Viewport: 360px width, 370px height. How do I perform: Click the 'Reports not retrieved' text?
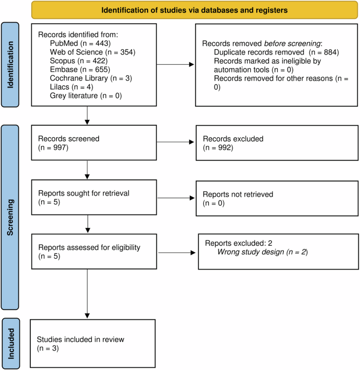237,193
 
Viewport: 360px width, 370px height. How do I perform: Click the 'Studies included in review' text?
81,340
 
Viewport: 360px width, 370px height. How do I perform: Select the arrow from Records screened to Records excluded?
175,143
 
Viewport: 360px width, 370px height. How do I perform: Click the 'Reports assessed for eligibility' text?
89,247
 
